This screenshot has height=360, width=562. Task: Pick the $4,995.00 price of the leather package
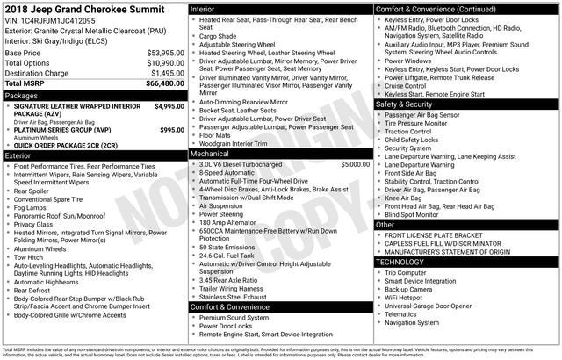[x=169, y=106]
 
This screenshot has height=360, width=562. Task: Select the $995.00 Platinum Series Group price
[x=172, y=129]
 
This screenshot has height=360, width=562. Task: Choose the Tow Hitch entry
[x=33, y=257]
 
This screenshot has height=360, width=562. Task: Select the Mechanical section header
[x=209, y=154]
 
